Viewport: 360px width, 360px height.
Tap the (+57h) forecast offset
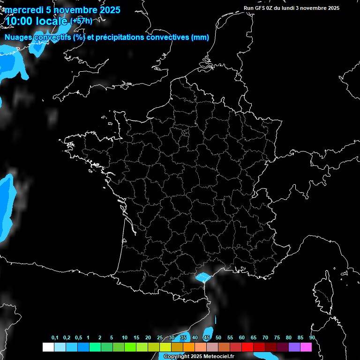click(x=81, y=21)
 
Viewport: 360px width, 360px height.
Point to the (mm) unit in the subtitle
click(x=200, y=37)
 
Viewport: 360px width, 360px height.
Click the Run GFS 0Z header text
click(x=262, y=8)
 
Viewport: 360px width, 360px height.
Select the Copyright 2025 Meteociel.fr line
click(x=199, y=356)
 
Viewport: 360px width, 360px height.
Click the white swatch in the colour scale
click(x=48, y=347)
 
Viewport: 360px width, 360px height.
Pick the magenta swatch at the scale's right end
click(x=306, y=347)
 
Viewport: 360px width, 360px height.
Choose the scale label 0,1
click(x=55, y=338)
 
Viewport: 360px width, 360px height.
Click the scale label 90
click(x=312, y=338)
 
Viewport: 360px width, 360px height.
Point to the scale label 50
click(x=218, y=338)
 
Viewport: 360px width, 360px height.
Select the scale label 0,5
click(x=78, y=338)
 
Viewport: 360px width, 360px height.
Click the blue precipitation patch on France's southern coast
click(x=203, y=277)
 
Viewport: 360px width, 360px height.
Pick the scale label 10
click(x=125, y=338)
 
